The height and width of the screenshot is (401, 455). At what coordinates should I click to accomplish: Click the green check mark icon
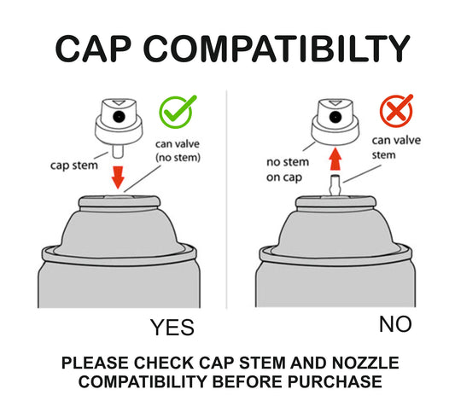[x=177, y=112]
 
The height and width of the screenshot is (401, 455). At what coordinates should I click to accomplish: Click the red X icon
[x=396, y=111]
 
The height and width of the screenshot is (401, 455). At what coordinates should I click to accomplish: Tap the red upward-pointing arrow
[x=335, y=160]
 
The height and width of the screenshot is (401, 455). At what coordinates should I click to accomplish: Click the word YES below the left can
[x=172, y=328]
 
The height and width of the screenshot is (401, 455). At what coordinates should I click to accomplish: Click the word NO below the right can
[x=395, y=324]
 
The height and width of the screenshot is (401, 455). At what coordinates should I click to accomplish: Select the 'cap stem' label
[x=74, y=166]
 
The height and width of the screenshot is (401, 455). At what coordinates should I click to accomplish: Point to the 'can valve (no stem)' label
[x=178, y=151]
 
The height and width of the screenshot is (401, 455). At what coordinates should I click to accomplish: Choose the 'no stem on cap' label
[x=288, y=170]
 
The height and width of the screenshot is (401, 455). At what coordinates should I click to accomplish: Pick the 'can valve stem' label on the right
[x=396, y=148]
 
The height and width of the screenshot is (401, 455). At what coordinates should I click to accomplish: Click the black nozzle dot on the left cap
[x=119, y=117]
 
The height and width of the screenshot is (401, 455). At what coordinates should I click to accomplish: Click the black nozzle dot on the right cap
[x=335, y=117]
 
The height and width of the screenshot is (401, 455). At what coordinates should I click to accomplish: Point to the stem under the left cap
[x=118, y=151]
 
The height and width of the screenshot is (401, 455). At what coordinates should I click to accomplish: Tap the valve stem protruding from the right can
[x=335, y=185]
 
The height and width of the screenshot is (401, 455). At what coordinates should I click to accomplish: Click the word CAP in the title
[x=93, y=49]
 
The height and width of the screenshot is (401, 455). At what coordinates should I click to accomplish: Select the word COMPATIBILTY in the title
[x=277, y=49]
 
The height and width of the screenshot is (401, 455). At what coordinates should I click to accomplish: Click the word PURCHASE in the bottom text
[x=335, y=381]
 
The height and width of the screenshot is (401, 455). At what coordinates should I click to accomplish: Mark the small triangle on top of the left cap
[x=119, y=102]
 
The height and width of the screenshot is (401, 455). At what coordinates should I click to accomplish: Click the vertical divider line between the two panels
[x=226, y=200]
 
